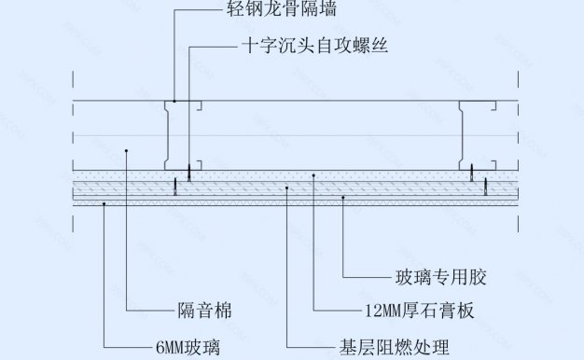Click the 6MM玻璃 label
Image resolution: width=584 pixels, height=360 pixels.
187,348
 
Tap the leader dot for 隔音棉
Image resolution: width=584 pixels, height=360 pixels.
125,148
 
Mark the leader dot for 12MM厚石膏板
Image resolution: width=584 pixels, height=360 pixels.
313,175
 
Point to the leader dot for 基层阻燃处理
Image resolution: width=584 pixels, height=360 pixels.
287,188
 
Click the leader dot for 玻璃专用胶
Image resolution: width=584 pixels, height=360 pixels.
342,199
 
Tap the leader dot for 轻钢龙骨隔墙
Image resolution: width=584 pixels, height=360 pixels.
174,100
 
